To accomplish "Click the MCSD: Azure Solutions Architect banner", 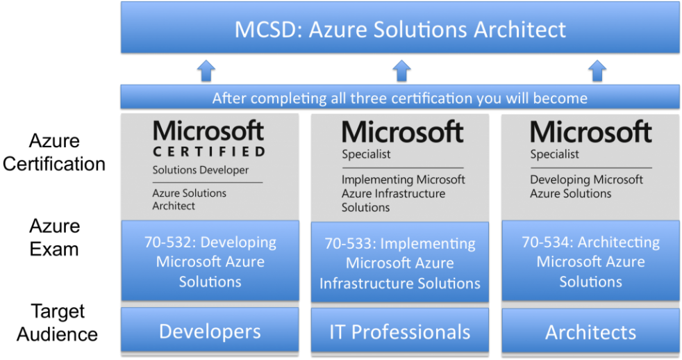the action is [x=400, y=28].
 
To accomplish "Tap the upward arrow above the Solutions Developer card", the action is [x=206, y=71].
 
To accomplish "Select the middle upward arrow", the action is [x=401, y=71].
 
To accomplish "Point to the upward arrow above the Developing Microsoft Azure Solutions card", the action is [x=597, y=71].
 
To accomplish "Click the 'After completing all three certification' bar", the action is [x=400, y=97].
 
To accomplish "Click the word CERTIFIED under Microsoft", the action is [x=209, y=152].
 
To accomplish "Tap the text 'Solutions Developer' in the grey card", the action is [x=201, y=170].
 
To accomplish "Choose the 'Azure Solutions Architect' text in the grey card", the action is [x=189, y=199].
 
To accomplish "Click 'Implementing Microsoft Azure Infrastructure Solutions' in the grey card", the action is [x=404, y=193].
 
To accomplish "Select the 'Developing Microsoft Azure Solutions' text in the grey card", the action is [x=586, y=186].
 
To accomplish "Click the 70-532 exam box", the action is [x=210, y=261].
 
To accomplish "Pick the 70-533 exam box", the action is [x=400, y=262].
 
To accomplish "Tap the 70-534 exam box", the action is [x=590, y=261].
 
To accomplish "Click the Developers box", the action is [x=210, y=330].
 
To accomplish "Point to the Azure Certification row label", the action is [x=54, y=152].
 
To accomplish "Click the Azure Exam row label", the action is [x=54, y=237].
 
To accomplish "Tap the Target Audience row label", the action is [x=58, y=322].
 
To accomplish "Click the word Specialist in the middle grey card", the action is [x=366, y=154].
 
